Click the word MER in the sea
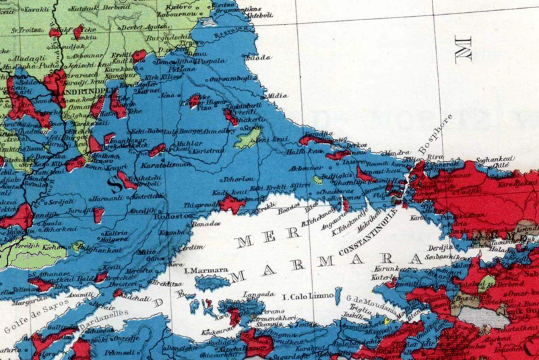coord(253,239)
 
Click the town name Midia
coord(278,96)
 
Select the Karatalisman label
coord(162,164)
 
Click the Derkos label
coord(356,146)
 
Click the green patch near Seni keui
coord(247,138)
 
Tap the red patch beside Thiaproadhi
coord(233,203)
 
